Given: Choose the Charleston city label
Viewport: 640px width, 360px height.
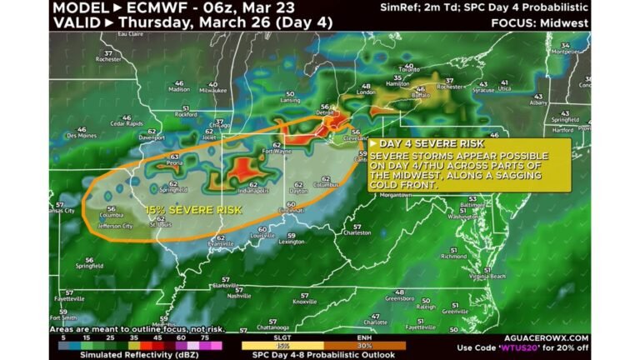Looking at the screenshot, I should (357, 232).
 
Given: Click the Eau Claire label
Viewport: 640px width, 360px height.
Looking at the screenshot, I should (128, 34).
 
